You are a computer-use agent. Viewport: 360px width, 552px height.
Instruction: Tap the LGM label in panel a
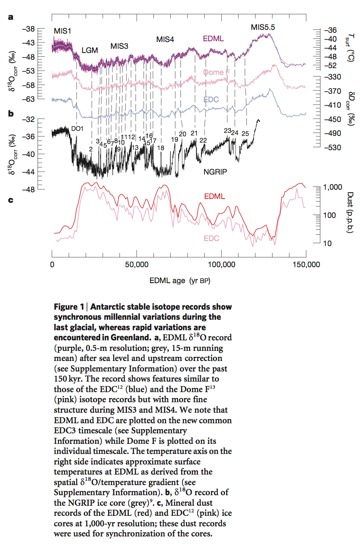pyautogui.click(x=90, y=50)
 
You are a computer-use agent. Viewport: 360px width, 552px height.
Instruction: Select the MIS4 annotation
pyautogui.click(x=165, y=40)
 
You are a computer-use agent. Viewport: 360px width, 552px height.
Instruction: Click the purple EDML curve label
pyautogui.click(x=213, y=39)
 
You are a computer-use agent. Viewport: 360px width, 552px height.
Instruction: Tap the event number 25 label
pyautogui.click(x=245, y=134)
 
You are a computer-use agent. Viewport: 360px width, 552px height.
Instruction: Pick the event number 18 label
pyautogui.click(x=160, y=148)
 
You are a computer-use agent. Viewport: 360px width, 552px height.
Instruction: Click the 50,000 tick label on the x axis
pyautogui.click(x=136, y=265)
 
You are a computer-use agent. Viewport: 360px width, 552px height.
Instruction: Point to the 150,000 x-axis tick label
pyautogui.click(x=306, y=265)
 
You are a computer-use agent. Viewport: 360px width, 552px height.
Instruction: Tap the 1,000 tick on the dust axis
pyautogui.click(x=332, y=187)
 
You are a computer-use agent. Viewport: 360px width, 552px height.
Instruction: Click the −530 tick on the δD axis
pyautogui.click(x=329, y=148)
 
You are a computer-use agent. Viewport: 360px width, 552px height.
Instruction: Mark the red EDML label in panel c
pyautogui.click(x=214, y=196)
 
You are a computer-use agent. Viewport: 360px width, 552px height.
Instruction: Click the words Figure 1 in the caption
pyautogui.click(x=69, y=307)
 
